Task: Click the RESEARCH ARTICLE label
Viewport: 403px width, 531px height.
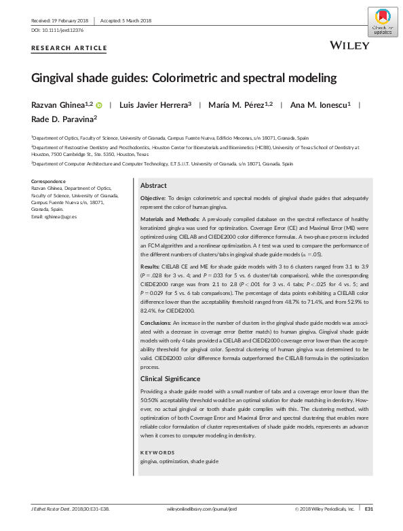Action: tap(69, 48)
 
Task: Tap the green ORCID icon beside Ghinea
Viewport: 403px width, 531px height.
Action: tap(99, 105)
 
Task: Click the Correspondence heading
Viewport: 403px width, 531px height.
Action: tap(49, 180)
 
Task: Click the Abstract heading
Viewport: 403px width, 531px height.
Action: tap(153, 185)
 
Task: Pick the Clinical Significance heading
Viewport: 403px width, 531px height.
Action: tap(170, 378)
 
